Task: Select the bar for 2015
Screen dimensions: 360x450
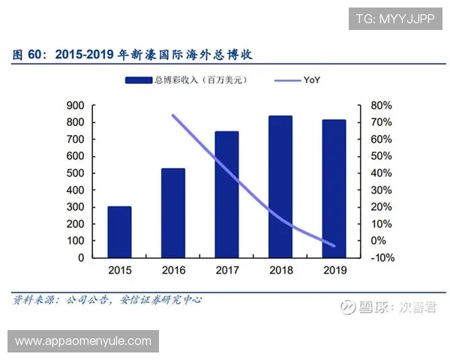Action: (119, 232)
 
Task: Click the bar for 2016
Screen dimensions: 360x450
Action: (173, 213)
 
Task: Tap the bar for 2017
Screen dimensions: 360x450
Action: (226, 194)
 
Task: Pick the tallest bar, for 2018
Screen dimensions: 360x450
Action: (280, 187)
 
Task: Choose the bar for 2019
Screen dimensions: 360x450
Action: (334, 188)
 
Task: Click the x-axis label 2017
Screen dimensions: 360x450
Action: (226, 270)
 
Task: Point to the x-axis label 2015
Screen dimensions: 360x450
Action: (119, 270)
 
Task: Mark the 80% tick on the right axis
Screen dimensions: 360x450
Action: (380, 106)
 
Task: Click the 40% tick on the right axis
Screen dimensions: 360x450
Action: (380, 173)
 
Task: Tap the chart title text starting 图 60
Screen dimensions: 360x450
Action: (135, 55)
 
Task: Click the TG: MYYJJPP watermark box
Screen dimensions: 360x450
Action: (395, 18)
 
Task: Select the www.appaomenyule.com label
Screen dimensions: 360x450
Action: (83, 341)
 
